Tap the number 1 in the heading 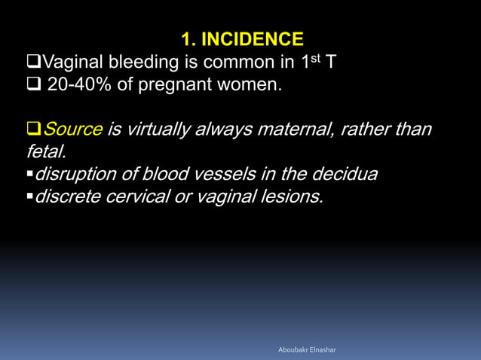[185, 39]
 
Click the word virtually [153, 130]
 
